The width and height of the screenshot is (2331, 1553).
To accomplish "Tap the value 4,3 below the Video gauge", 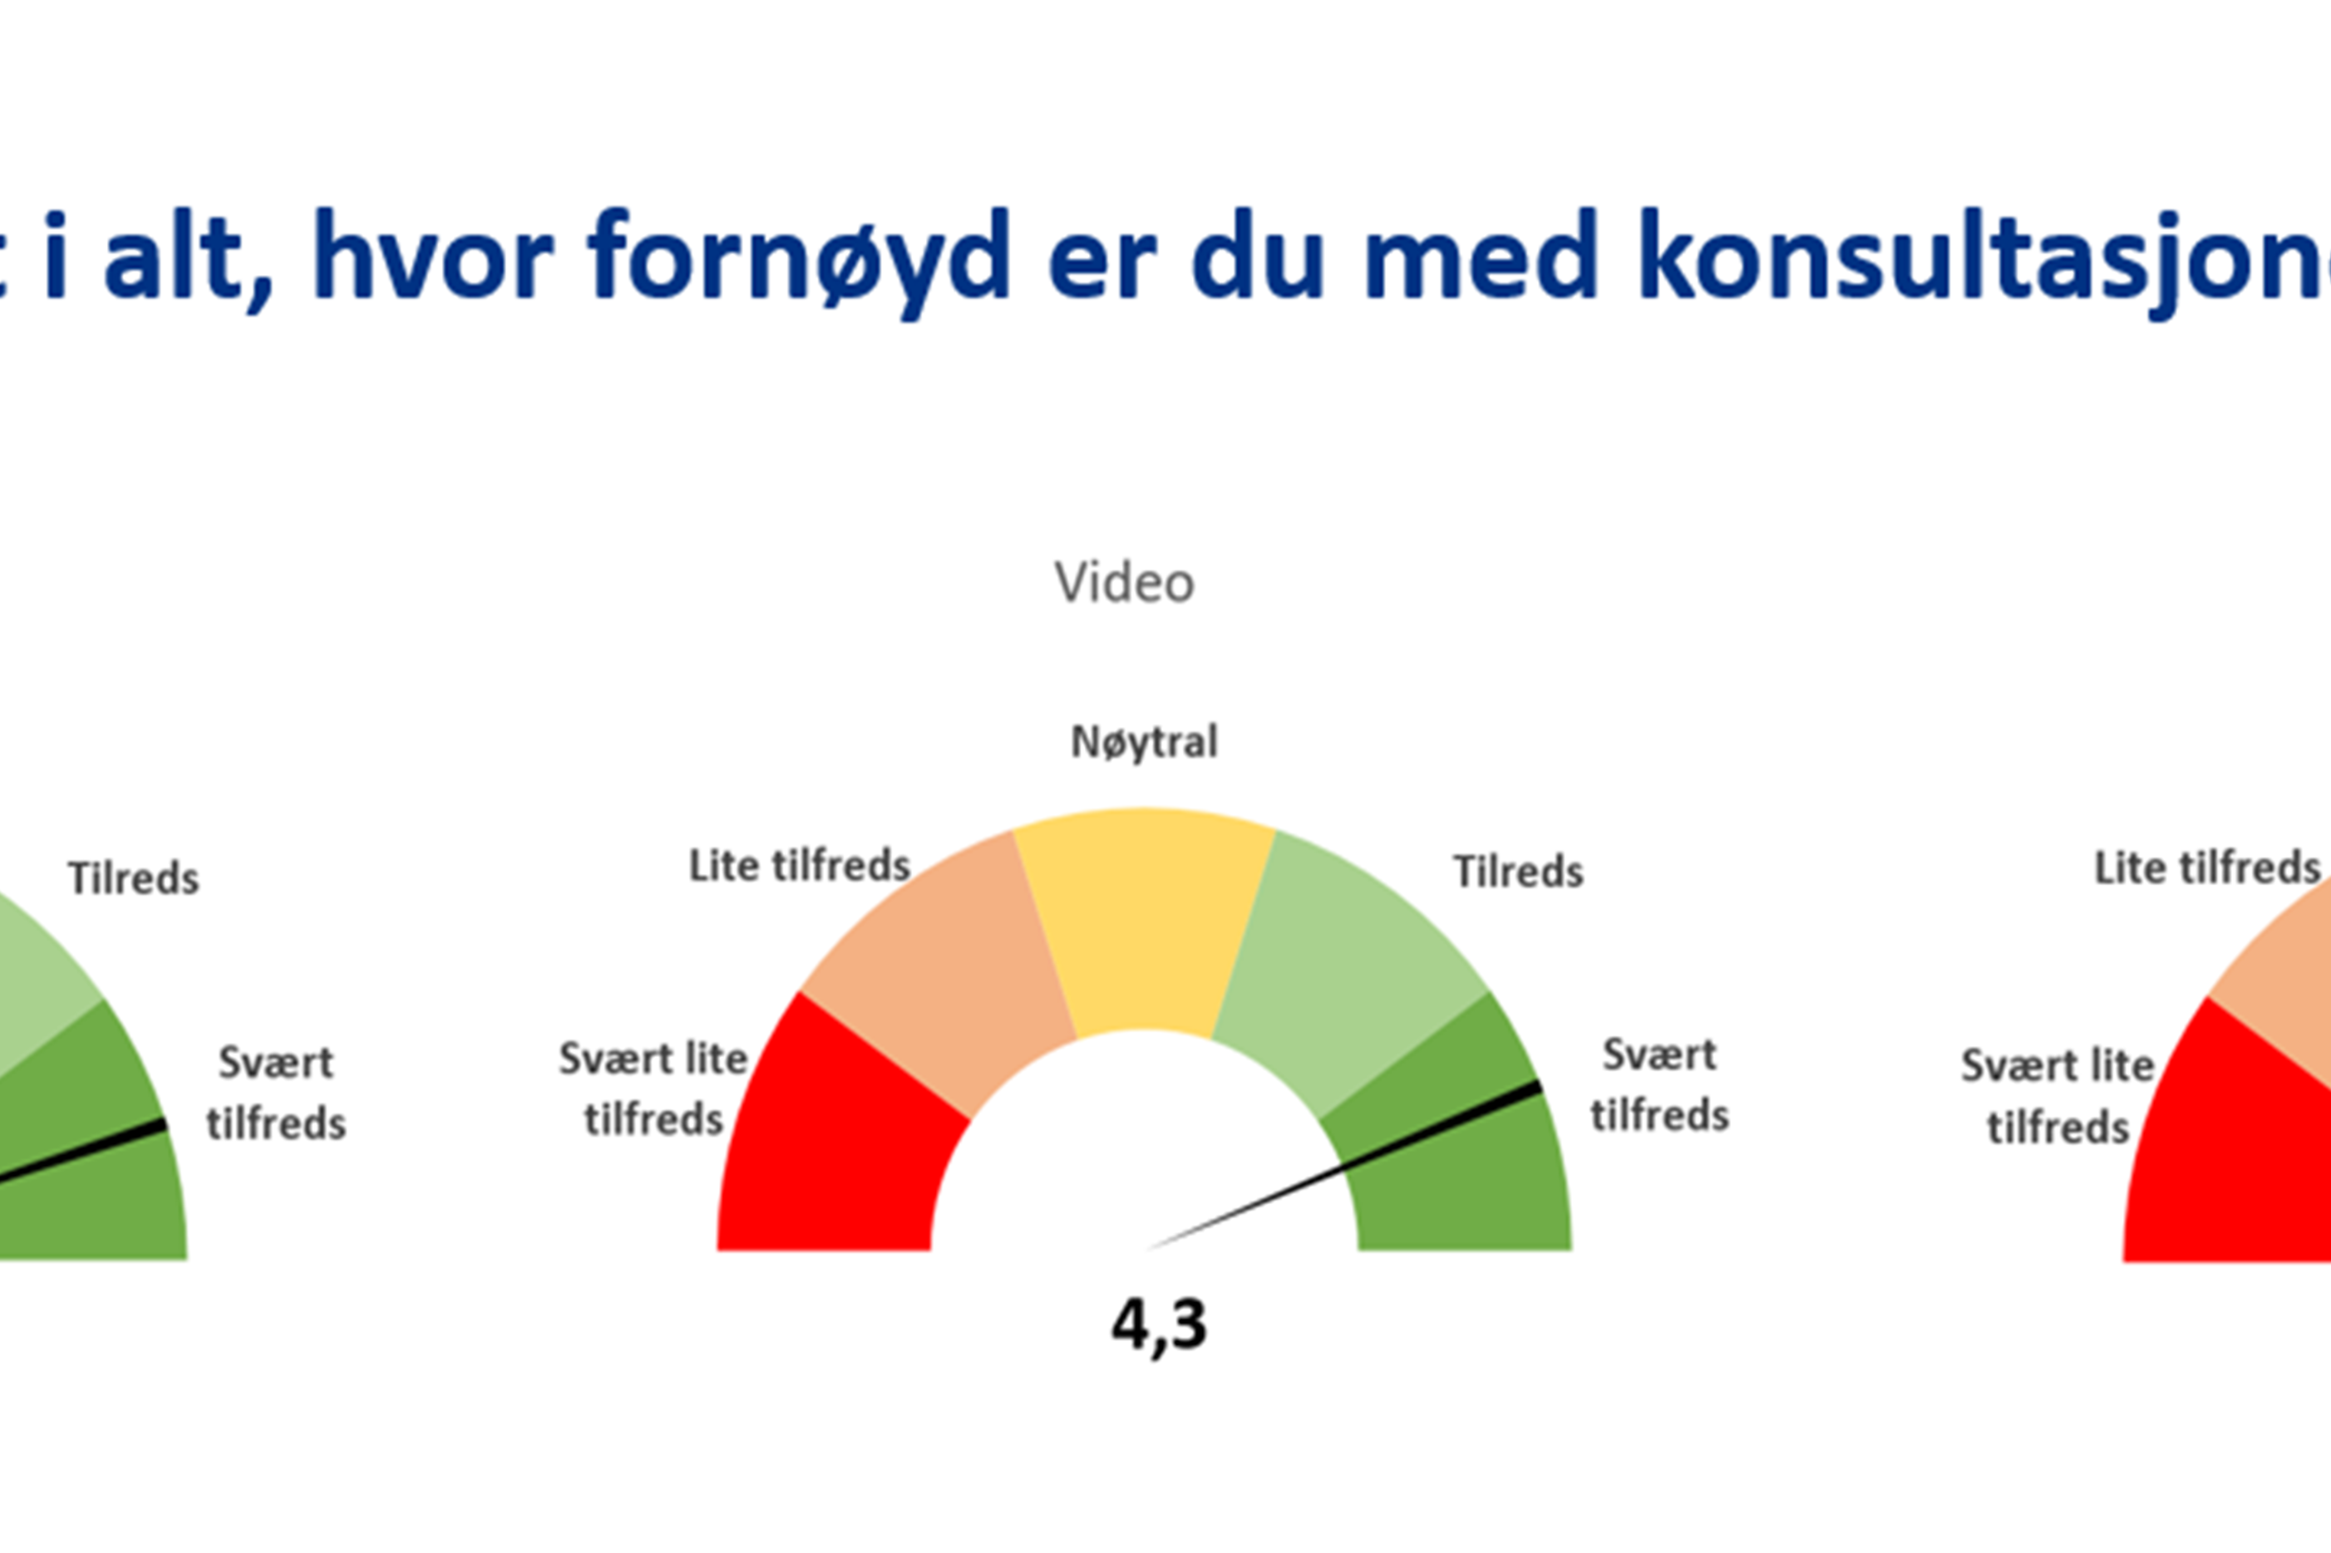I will pos(1159,1325).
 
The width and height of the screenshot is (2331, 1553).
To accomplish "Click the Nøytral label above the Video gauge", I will pos(1144,742).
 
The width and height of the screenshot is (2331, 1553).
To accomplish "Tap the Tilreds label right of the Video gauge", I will pos(1518,872).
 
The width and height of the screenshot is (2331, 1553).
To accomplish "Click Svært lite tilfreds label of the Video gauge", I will pos(653,1089).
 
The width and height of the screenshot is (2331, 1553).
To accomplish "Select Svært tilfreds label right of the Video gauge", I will pos(1659,1084).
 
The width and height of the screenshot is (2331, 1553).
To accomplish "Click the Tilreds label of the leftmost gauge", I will pos(134,878).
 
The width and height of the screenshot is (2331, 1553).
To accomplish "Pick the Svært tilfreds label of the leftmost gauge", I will pos(276,1093).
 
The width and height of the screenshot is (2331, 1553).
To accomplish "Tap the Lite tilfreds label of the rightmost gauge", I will pos(2207,867).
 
